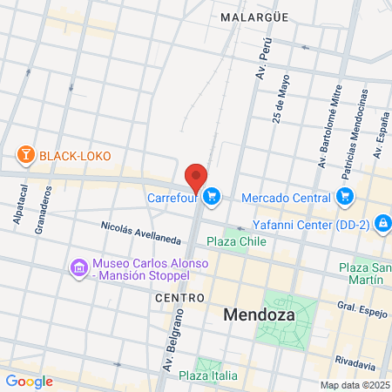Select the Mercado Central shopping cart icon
346,196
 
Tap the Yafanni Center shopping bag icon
382,224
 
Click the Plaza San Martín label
361,273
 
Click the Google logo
29,381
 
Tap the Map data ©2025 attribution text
353,385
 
